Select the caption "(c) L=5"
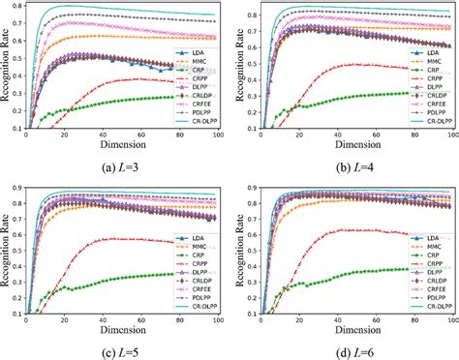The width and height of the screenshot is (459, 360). [121, 350]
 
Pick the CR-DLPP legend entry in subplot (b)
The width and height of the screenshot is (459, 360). [432, 122]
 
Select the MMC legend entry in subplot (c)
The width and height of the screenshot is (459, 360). [198, 247]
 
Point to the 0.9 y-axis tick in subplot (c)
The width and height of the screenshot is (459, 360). [19, 188]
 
